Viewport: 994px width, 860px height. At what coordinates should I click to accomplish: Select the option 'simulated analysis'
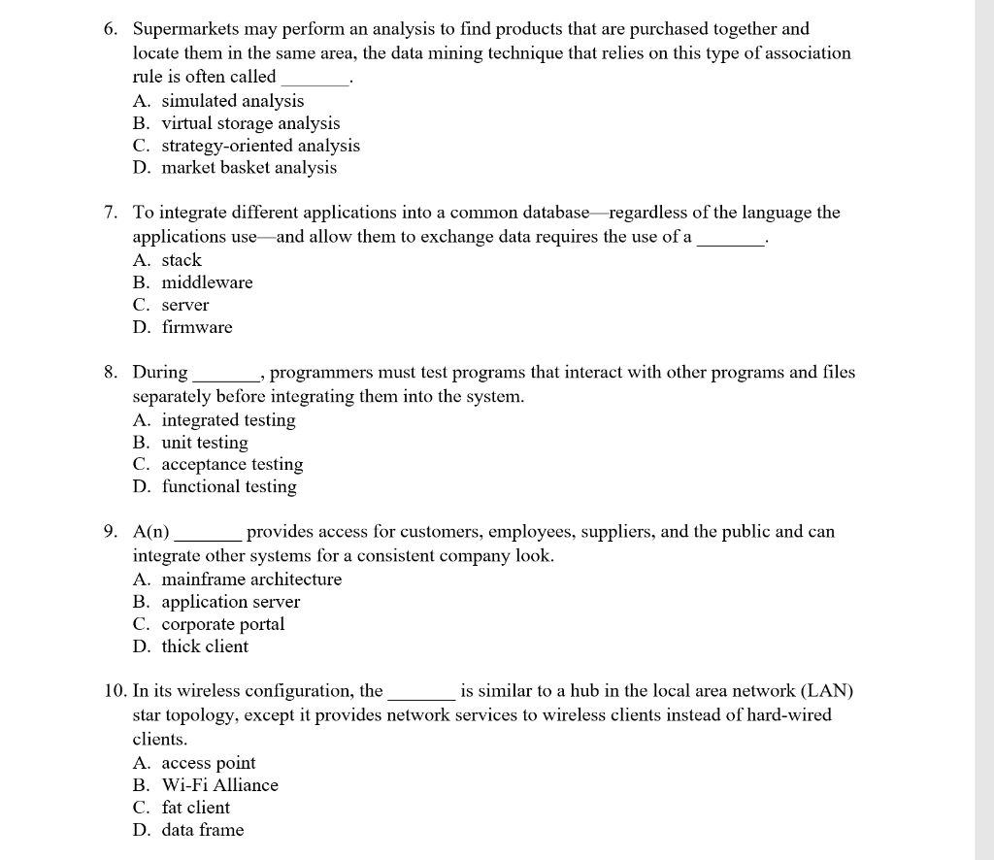pyautogui.click(x=232, y=101)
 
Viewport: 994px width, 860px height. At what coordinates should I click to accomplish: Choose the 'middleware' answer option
pyautogui.click(x=207, y=282)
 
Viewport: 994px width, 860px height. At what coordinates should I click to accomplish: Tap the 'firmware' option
pyautogui.click(x=197, y=327)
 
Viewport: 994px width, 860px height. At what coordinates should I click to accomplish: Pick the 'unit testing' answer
pyautogui.click(x=205, y=443)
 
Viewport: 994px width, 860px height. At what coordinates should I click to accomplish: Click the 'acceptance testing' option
pyautogui.click(x=232, y=465)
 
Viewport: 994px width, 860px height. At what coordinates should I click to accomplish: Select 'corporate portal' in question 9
pyautogui.click(x=222, y=624)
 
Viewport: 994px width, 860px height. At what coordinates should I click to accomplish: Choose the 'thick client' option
pyautogui.click(x=205, y=646)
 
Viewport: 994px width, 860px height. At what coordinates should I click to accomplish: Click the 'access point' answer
pyautogui.click(x=209, y=763)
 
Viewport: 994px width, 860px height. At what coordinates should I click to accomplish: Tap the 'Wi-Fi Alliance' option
pyautogui.click(x=219, y=785)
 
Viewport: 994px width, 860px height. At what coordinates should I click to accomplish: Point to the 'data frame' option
pyautogui.click(x=203, y=830)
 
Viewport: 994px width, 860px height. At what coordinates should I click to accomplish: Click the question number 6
pyautogui.click(x=111, y=30)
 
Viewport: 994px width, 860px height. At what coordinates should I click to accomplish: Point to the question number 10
pyautogui.click(x=115, y=692)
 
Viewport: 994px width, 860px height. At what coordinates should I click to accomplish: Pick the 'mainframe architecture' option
pyautogui.click(x=251, y=579)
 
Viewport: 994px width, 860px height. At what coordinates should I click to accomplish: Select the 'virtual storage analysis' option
pyautogui.click(x=250, y=123)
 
